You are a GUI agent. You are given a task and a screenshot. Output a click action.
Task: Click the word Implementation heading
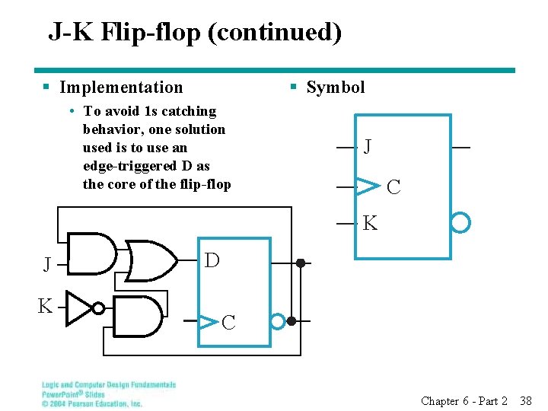coord(121,88)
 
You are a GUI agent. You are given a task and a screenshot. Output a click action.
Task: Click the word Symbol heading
coord(335,88)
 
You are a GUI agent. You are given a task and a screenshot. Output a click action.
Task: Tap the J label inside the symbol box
coord(368,146)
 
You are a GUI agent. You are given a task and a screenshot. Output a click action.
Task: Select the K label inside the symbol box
coord(370,224)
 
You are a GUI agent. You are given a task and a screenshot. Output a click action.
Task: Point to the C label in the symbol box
coord(393,186)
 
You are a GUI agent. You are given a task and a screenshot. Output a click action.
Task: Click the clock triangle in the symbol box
coord(368,185)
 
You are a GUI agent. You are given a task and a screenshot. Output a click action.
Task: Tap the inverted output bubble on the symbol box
coord(460,222)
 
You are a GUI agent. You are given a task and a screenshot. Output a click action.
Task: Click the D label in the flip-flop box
coord(212,261)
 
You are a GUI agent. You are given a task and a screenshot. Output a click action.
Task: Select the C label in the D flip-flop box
coord(228,323)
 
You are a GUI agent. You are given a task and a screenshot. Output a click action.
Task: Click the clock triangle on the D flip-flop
coord(207,321)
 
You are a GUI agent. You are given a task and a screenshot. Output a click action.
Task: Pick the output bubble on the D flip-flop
coord(279,321)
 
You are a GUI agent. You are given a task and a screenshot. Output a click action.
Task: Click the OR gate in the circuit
coord(151,261)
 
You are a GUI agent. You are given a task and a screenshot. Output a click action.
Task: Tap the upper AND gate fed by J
coord(92,253)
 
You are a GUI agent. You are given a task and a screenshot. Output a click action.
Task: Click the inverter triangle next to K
coord(78,307)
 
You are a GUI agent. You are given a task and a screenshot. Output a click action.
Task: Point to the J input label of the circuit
coord(47,265)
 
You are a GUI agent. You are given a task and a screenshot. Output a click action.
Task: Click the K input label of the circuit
coord(46,307)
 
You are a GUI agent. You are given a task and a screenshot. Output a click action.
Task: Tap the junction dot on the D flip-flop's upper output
coord(301,263)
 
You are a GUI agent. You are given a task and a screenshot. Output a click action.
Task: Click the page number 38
coord(525,400)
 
